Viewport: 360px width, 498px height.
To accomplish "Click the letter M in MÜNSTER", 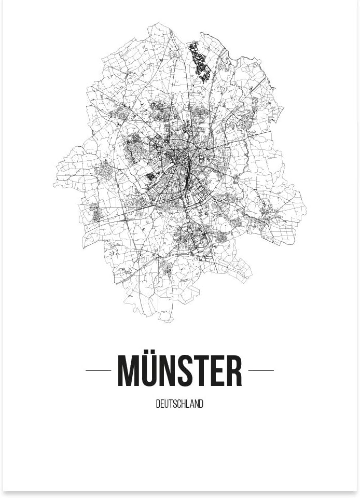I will coord(128,371).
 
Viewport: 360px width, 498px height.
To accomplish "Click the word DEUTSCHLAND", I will coord(179,404).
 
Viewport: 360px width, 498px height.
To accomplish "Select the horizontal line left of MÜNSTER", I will coord(98,370).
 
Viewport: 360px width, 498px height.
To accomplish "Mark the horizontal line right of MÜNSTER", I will coord(261,370).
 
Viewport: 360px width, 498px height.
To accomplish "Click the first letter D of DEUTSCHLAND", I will coord(158,404).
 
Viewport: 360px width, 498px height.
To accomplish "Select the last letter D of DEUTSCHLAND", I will coord(201,404).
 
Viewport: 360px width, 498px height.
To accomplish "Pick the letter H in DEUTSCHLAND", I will coord(184,404).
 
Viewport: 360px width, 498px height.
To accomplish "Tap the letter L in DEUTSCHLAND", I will coord(188,404).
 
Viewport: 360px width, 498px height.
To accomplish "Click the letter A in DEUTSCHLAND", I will coord(192,404).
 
